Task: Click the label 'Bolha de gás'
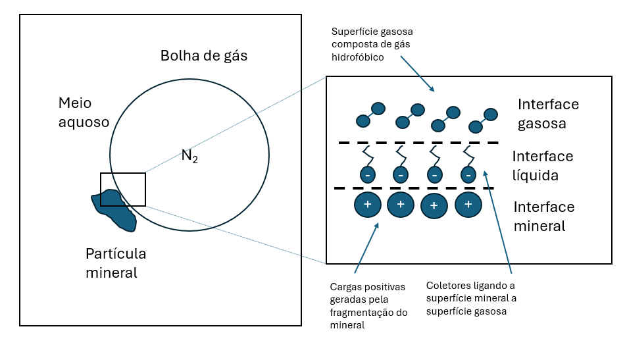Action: tap(204, 56)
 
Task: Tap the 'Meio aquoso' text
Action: tap(84, 113)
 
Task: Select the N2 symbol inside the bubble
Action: tap(189, 157)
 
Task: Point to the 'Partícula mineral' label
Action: tap(116, 263)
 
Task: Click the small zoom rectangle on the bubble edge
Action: tap(123, 190)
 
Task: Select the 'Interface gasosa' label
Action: tap(548, 113)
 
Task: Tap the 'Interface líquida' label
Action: tap(543, 166)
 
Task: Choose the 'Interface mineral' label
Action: tap(543, 216)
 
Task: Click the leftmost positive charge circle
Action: tap(368, 205)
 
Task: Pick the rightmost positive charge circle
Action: tap(468, 204)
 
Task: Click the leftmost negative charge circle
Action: tap(368, 175)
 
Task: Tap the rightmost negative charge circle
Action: tap(468, 175)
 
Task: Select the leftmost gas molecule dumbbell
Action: tap(370, 115)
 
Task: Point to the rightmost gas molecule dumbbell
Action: tap(483, 120)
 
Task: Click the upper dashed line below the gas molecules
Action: tap(418, 143)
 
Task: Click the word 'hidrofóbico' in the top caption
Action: tap(357, 58)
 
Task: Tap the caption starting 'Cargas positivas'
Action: tap(367, 305)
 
